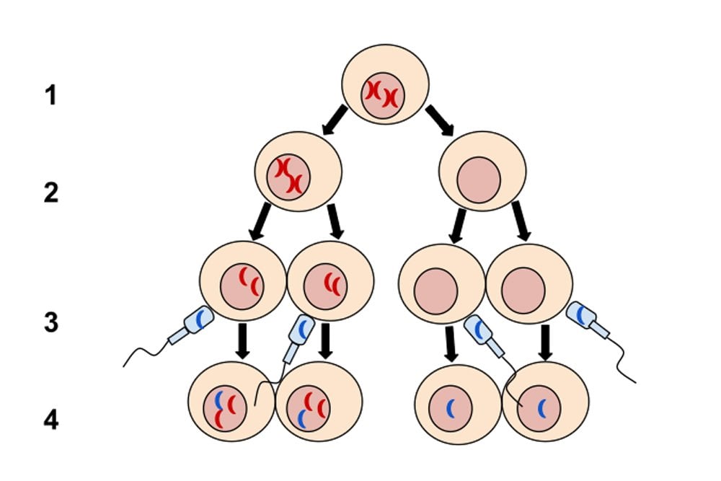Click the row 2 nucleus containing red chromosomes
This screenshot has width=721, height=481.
coord(288,176)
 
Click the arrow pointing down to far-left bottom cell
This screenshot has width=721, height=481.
coord(243,340)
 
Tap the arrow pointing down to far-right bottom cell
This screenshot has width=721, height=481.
coord(546,342)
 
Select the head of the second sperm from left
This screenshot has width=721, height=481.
coord(302,328)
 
